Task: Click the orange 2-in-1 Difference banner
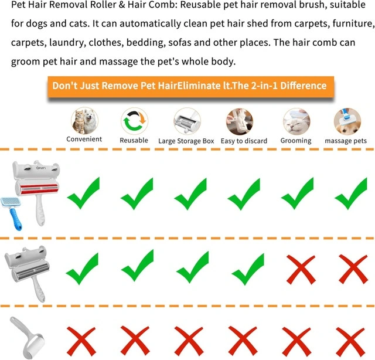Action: (x=190, y=87)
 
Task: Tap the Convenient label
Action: (x=84, y=139)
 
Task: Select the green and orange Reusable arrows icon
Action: (x=134, y=121)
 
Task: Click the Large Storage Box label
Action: (x=186, y=141)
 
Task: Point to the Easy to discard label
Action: (x=244, y=141)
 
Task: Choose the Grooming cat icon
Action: (x=296, y=121)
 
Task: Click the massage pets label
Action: (x=346, y=141)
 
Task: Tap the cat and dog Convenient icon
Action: (x=84, y=121)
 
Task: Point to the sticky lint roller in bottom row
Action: (x=28, y=338)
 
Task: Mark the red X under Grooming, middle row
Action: (x=301, y=270)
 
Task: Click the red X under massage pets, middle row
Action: (x=353, y=269)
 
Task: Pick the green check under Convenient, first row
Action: (x=83, y=193)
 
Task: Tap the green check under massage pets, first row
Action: (x=350, y=193)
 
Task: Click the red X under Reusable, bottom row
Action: (x=135, y=341)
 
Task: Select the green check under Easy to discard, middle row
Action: (x=248, y=269)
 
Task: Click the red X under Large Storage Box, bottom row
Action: (x=189, y=341)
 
